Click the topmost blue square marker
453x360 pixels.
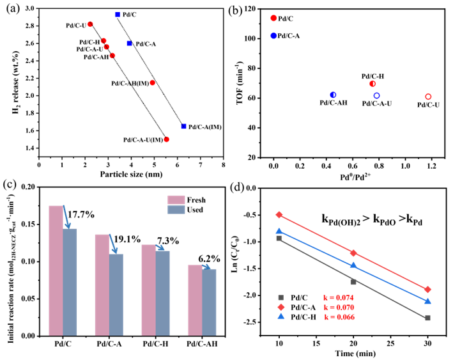118,14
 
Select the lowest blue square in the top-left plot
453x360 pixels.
183,127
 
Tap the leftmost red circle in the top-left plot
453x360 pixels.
90,24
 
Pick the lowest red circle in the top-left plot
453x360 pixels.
167,139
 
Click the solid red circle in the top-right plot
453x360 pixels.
273,18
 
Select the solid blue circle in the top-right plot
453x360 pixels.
273,36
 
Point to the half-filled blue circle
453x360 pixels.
333,95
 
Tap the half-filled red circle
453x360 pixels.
372,84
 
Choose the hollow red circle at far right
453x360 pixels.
428,97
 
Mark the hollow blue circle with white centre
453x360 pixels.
376,96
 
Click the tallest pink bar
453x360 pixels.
56,270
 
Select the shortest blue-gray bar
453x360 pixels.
210,302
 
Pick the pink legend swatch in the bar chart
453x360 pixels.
176,200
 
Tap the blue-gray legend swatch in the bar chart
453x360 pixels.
176,210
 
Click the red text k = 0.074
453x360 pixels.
339,298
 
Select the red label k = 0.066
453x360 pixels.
339,317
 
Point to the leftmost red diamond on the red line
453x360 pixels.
279,215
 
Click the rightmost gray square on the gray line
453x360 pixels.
427,318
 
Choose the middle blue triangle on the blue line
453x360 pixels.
353,265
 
